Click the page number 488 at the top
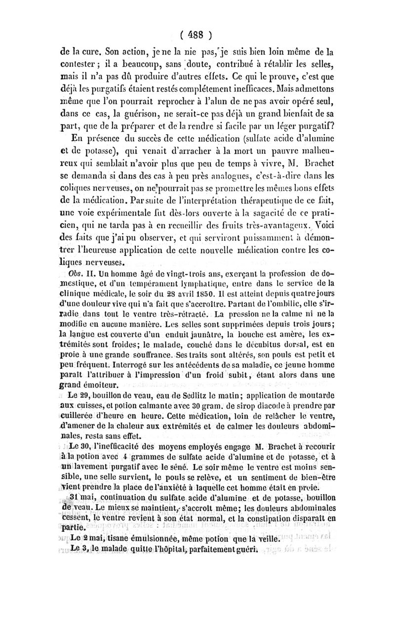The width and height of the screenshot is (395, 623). coord(197,35)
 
